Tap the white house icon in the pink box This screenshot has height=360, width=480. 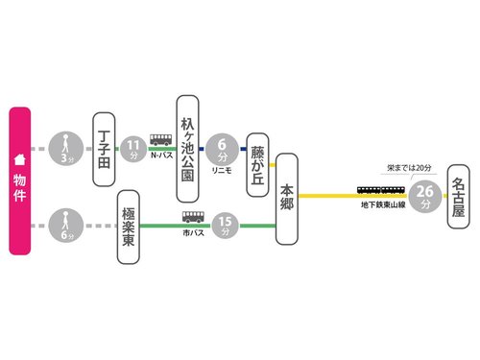pos(17,160)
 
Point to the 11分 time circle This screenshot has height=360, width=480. pos(133,149)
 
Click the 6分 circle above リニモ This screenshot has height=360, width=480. pos(223,149)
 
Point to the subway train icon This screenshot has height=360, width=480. pos(381,191)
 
